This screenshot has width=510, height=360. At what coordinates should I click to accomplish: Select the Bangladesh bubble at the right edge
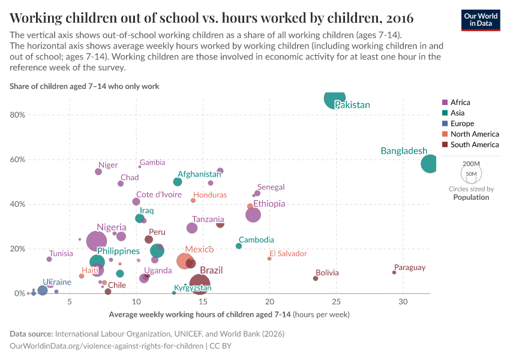pyautogui.click(x=430, y=163)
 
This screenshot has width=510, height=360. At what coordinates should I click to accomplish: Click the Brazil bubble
pyautogui.click(x=200, y=284)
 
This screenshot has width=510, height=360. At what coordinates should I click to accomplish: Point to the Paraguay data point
pyautogui.click(x=394, y=272)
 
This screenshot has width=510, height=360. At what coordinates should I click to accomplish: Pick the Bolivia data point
pyautogui.click(x=316, y=278)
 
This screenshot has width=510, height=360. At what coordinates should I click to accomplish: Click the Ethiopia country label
pyautogui.click(x=269, y=204)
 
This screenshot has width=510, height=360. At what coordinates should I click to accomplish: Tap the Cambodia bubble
pyautogui.click(x=239, y=246)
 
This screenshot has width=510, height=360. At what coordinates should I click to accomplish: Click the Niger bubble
pyautogui.click(x=98, y=172)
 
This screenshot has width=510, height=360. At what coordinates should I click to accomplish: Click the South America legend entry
pyautogui.click(x=474, y=145)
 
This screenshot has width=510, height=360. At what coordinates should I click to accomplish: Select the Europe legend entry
pyautogui.click(x=462, y=124)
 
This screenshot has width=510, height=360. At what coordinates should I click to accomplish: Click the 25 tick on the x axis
pyautogui.click(x=336, y=301)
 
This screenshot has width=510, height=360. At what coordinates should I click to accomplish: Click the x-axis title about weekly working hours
pyautogui.click(x=229, y=314)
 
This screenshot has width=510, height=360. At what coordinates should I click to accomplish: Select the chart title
pyautogui.click(x=211, y=16)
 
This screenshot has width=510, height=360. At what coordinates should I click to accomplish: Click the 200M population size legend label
pyautogui.click(x=471, y=164)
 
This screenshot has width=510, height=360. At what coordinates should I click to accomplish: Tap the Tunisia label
pyautogui.click(x=61, y=254)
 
